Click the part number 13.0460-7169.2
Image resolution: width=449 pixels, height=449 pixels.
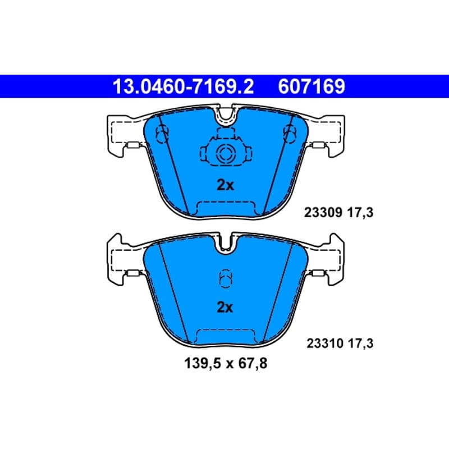pyautogui.click(x=184, y=86)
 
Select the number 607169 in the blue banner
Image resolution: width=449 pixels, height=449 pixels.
pyautogui.click(x=311, y=86)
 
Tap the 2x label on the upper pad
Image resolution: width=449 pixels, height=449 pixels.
pyautogui.click(x=226, y=185)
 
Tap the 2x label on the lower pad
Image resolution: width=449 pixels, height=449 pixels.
pyautogui.click(x=225, y=307)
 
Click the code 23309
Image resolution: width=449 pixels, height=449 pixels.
pyautogui.click(x=323, y=213)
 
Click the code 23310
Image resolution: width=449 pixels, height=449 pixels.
pyautogui.click(x=325, y=343)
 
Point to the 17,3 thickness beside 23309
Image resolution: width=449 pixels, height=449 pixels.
pyautogui.click(x=360, y=213)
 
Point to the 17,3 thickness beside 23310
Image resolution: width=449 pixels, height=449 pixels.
pyautogui.click(x=360, y=343)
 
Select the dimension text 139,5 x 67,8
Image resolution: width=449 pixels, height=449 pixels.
pyautogui.click(x=226, y=364)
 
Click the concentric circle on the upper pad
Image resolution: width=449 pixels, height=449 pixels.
pyautogui.click(x=226, y=153)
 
